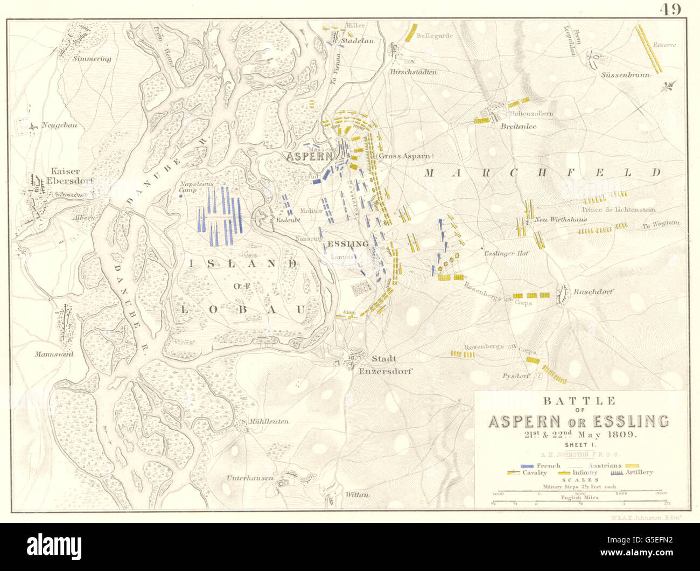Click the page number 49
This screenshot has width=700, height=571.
[670, 9]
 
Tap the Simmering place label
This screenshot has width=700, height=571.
[92, 59]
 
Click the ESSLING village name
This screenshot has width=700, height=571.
[348, 244]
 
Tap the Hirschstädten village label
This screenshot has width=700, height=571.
[413, 72]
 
